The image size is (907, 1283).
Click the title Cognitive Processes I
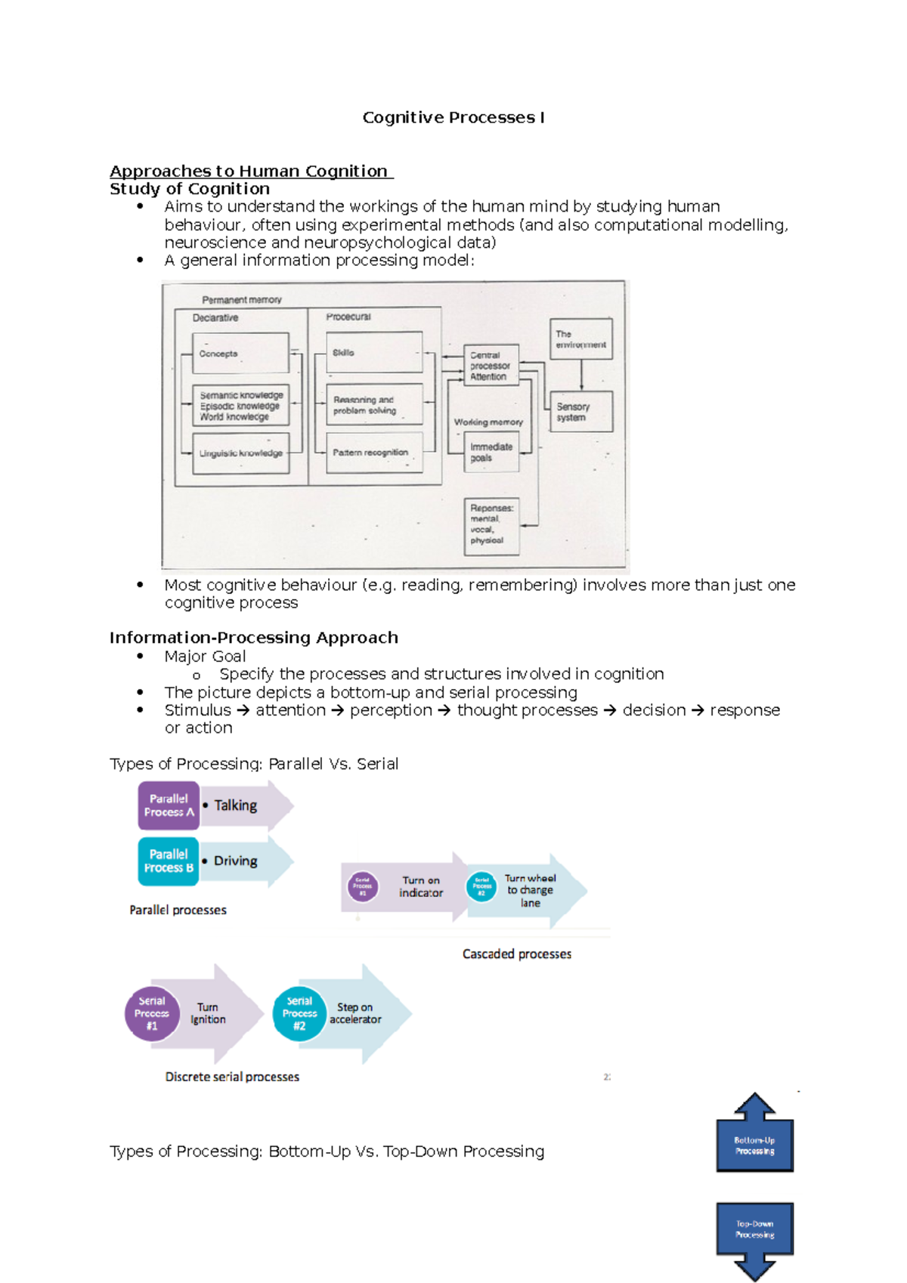(x=453, y=118)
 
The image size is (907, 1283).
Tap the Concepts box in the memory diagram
(x=240, y=354)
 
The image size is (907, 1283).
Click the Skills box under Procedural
(x=374, y=352)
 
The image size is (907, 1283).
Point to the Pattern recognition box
(x=374, y=453)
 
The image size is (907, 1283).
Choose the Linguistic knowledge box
(x=240, y=453)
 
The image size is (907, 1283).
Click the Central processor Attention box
(x=491, y=366)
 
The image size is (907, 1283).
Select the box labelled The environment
(x=580, y=339)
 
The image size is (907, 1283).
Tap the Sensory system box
(x=580, y=412)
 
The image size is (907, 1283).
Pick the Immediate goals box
(x=491, y=452)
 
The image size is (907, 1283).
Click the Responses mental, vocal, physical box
(x=491, y=525)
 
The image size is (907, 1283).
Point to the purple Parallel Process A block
(x=169, y=805)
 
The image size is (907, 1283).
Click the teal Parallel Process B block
(x=169, y=861)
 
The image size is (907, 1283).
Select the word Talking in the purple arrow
(x=235, y=805)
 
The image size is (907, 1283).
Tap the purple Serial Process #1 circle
(x=152, y=1014)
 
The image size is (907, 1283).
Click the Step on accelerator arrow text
(x=354, y=1013)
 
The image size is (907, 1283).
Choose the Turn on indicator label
(x=421, y=886)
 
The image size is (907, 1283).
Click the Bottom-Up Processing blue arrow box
(x=754, y=1145)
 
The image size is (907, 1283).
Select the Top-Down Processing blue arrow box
(x=754, y=1229)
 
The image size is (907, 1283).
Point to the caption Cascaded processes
(x=517, y=954)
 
